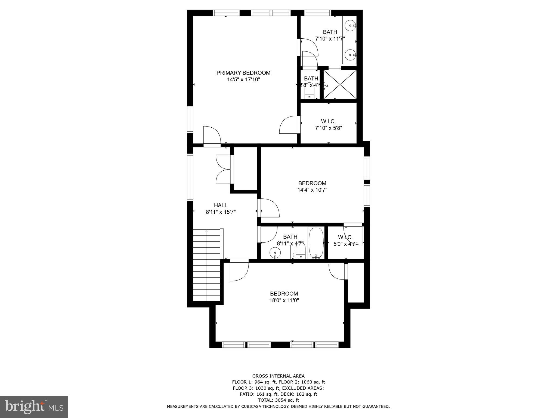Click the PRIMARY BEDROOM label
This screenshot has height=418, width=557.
[243, 73]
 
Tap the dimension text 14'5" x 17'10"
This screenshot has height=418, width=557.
[243, 79]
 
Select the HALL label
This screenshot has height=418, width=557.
[221, 205]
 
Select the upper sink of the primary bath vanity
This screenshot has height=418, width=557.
[350, 26]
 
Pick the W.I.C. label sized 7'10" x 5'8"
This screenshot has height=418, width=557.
[328, 121]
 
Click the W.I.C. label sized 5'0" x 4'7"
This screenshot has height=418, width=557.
[345, 237]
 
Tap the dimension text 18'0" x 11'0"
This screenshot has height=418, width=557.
[284, 300]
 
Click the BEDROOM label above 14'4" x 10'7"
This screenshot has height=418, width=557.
[312, 183]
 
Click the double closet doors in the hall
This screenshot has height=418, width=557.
[224, 169]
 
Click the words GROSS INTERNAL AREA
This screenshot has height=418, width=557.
[278, 376]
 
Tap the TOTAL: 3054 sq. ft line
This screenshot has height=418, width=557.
[278, 400]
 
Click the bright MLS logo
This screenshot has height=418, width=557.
[34, 407]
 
